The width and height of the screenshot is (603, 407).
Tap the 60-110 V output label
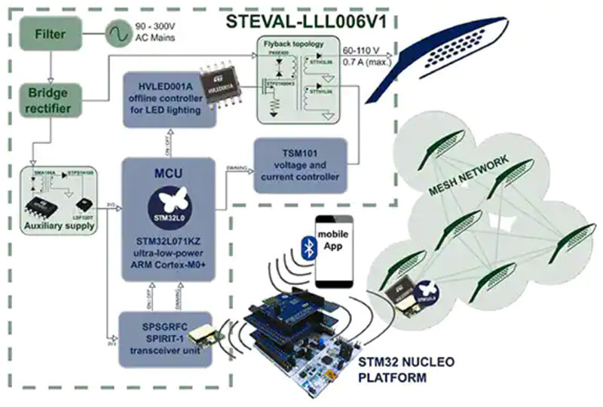(363, 50)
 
